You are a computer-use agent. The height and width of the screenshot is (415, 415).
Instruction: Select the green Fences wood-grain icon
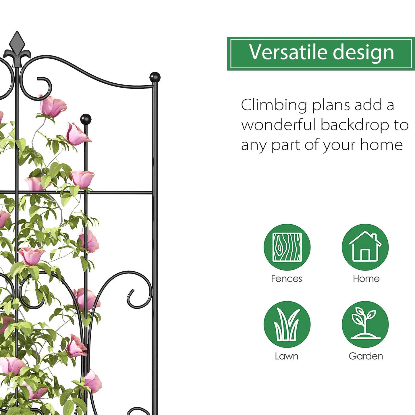287,247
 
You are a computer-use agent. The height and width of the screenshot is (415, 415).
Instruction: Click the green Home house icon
365,247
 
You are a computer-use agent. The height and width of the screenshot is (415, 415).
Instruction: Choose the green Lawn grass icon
287,324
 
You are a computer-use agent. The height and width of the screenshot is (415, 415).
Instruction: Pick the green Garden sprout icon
365,324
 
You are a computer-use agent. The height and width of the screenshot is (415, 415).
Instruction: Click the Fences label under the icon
286,279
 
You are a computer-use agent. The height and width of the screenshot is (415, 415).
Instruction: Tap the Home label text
366,279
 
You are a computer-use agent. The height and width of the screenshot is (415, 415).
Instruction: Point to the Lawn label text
286,356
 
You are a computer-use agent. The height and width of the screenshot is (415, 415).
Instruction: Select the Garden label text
366,356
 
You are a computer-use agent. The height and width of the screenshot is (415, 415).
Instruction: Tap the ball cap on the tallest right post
155,77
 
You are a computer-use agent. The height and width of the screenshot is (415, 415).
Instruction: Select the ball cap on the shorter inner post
86,119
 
